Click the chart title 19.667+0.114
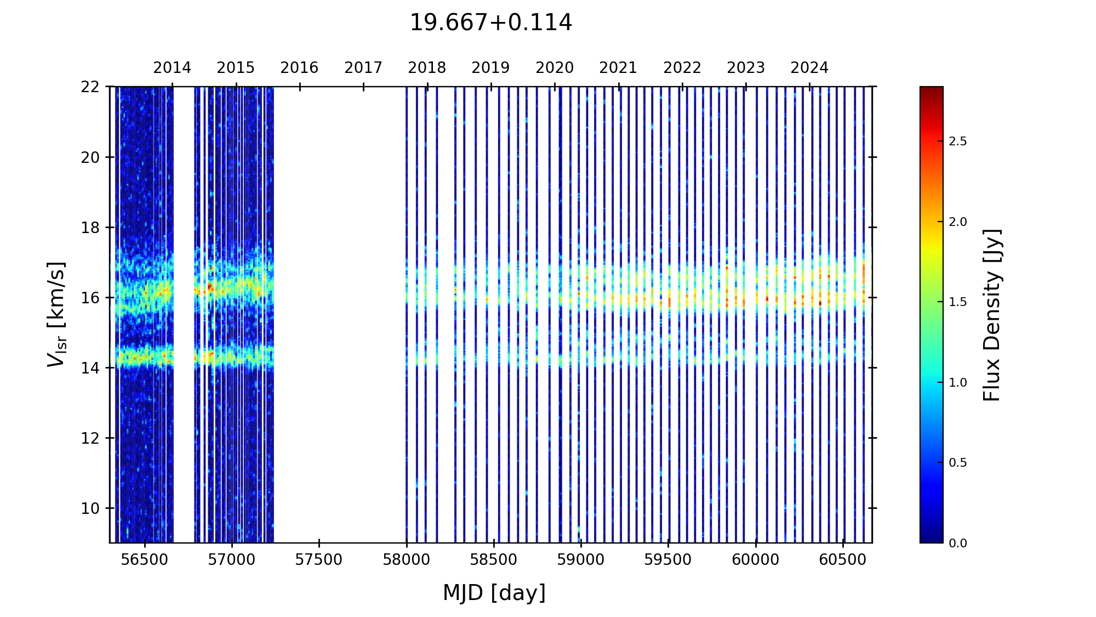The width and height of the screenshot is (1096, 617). pyautogui.click(x=490, y=23)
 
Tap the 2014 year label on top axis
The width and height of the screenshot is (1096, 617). pyautogui.click(x=172, y=68)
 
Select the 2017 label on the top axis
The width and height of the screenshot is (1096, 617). pyautogui.click(x=363, y=68)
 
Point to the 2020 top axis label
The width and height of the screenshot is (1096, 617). pyautogui.click(x=555, y=68)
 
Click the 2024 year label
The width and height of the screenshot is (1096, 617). pyautogui.click(x=809, y=68)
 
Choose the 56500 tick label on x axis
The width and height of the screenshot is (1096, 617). pyautogui.click(x=144, y=560)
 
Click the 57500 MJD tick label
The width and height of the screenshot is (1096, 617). pyautogui.click(x=319, y=560)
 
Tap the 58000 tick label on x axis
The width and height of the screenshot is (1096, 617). pyautogui.click(x=406, y=560)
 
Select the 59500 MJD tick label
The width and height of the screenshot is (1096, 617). pyautogui.click(x=668, y=560)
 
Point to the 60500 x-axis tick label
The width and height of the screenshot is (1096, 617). pyautogui.click(x=843, y=560)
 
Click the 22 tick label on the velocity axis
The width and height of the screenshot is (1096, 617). pyautogui.click(x=90, y=87)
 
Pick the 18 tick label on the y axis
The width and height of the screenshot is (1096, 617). pyautogui.click(x=90, y=228)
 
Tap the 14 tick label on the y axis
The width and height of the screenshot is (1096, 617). pyautogui.click(x=90, y=368)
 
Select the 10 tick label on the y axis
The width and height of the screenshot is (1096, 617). pyautogui.click(x=90, y=508)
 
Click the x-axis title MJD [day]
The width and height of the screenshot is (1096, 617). pyautogui.click(x=494, y=593)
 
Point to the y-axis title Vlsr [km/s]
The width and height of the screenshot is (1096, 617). pyautogui.click(x=56, y=314)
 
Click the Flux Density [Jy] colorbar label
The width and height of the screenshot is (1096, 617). pyautogui.click(x=992, y=315)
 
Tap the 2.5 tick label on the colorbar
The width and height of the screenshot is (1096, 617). pyautogui.click(x=958, y=141)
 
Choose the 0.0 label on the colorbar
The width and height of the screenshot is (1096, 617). pyautogui.click(x=958, y=544)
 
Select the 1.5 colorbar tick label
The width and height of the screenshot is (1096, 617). pyautogui.click(x=958, y=302)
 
